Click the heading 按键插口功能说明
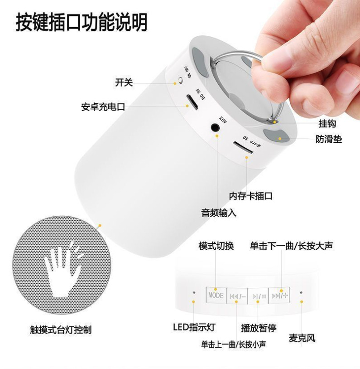[82, 22]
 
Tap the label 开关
[124, 82]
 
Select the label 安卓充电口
[103, 107]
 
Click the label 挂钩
[327, 123]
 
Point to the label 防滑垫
[329, 139]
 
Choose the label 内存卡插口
[250, 196]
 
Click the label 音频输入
[219, 212]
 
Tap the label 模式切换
[216, 246]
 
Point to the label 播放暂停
[259, 327]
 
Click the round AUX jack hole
[216, 127]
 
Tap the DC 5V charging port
[193, 102]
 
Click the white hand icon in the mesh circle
[61, 265]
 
